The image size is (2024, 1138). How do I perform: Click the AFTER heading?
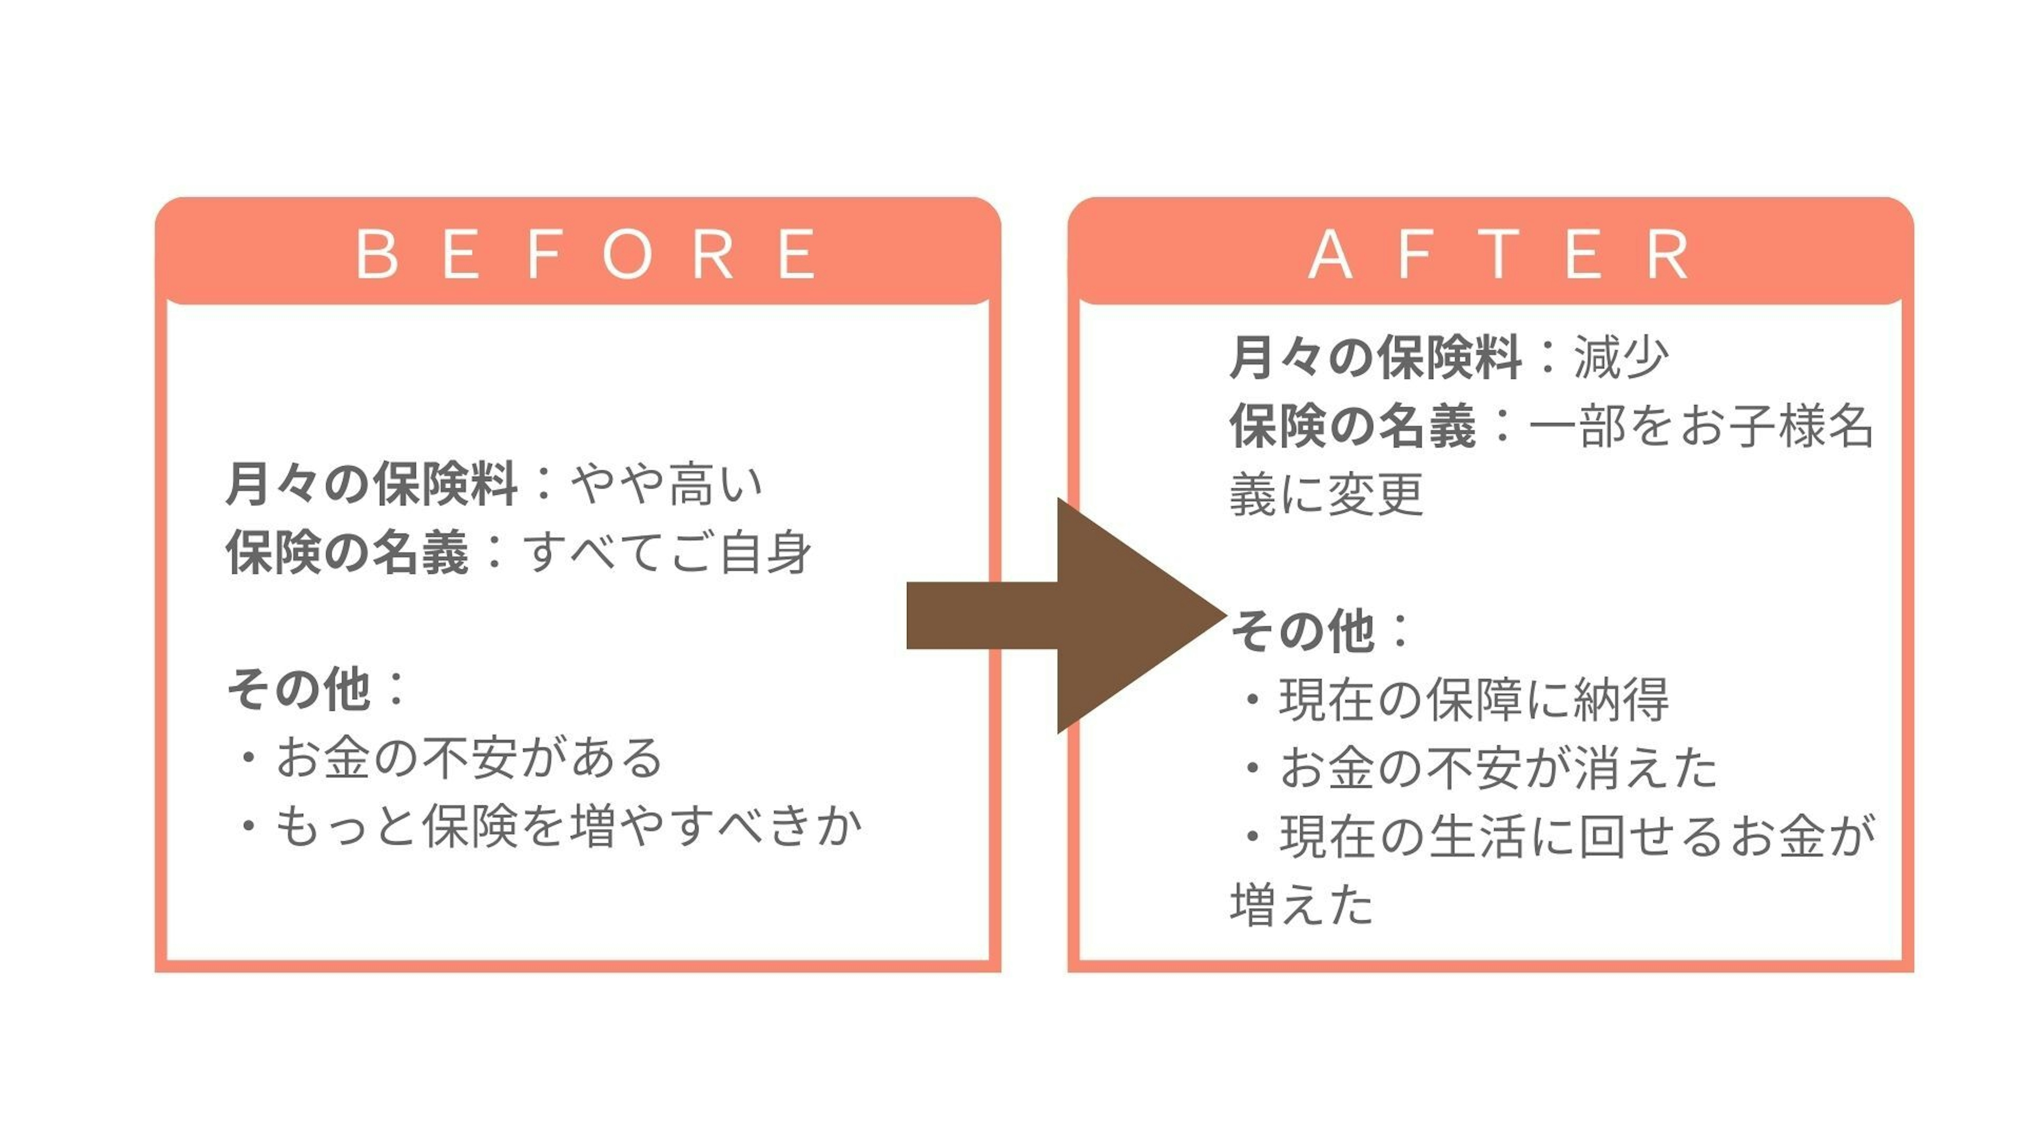tap(1497, 253)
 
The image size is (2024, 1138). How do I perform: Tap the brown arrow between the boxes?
tap(1066, 615)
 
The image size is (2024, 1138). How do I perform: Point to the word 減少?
tap(1621, 357)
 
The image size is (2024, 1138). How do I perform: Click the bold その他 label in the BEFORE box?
tap(298, 690)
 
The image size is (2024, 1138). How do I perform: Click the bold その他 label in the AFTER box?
tap(1303, 631)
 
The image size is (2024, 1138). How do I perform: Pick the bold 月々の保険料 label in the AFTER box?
tap(1376, 357)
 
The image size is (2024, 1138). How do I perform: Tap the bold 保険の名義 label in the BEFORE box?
tap(347, 552)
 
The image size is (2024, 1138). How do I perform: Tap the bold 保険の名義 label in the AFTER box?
tap(1352, 426)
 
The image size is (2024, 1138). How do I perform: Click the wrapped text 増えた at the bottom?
tap(1302, 905)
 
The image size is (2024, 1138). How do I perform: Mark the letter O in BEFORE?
tap(627, 253)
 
